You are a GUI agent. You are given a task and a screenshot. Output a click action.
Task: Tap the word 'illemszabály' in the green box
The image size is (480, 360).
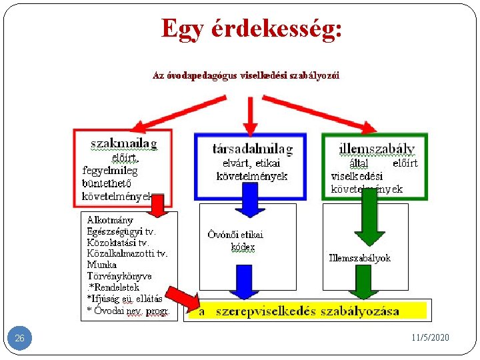point(376,148)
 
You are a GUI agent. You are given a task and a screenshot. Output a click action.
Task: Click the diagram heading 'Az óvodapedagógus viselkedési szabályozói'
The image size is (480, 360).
point(246,75)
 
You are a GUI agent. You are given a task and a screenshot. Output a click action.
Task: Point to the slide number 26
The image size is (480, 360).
point(19,339)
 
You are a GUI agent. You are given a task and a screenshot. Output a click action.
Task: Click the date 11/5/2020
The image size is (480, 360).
point(431,338)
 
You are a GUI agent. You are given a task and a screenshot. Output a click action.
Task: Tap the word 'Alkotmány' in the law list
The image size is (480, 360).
point(110,220)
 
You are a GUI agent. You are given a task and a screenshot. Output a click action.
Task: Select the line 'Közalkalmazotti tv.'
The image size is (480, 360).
point(127,253)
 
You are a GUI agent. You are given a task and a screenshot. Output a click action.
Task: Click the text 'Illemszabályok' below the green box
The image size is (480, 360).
point(359,258)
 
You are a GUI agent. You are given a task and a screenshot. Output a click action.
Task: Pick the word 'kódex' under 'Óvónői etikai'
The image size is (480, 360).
point(243,247)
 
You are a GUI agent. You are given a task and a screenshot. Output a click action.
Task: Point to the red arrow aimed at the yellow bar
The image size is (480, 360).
point(182,297)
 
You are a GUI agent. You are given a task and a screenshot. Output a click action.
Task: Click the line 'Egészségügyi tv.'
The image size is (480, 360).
point(121,231)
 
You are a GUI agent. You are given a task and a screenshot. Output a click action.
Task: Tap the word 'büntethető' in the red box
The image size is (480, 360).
point(106,183)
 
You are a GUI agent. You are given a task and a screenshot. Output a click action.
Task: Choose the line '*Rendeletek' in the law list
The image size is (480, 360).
point(115,287)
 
